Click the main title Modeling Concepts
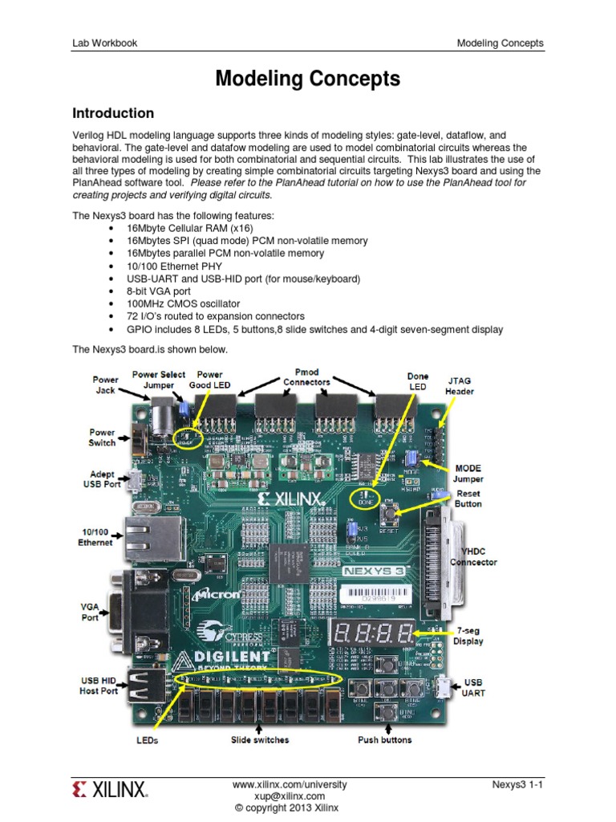tap(308, 79)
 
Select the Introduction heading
tap(113, 113)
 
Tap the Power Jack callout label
tap(104, 384)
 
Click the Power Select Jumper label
tap(159, 379)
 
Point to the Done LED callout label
tap(418, 381)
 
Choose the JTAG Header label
tap(460, 385)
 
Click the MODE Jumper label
tap(468, 474)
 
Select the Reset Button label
tap(468, 498)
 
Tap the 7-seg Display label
tap(468, 636)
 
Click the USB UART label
tap(473, 687)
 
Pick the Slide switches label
tap(260, 739)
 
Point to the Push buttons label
tap(384, 739)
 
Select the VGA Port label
tap(89, 612)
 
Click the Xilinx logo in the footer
tap(110, 791)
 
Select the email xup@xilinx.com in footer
tap(290, 796)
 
